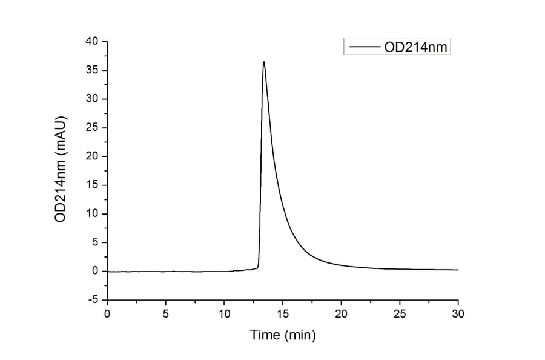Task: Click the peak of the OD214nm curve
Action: [x=264, y=62]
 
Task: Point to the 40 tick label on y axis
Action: [x=92, y=41]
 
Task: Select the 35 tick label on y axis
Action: [x=92, y=70]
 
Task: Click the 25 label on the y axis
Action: [x=92, y=128]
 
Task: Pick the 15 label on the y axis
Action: [x=92, y=185]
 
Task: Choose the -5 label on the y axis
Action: [x=93, y=299]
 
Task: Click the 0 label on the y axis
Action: [x=95, y=271]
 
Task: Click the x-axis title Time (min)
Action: [x=283, y=335]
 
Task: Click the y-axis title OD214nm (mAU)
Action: [x=61, y=170]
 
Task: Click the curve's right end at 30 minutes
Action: [x=458, y=270]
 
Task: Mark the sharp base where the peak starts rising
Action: [x=259, y=267]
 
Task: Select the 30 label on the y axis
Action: [x=92, y=99]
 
